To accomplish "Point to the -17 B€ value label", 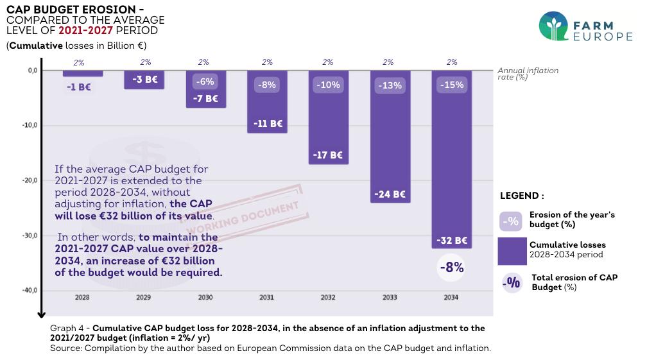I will tap(327, 155).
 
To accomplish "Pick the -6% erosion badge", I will tap(206, 82).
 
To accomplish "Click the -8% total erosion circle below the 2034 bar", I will tap(451, 268).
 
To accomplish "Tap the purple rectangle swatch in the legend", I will tap(512, 251).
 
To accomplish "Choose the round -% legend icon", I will tap(512, 282).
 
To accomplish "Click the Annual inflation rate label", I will tap(528, 73).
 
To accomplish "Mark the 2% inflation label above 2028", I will tap(79, 62).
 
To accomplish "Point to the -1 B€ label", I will tap(79, 87).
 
